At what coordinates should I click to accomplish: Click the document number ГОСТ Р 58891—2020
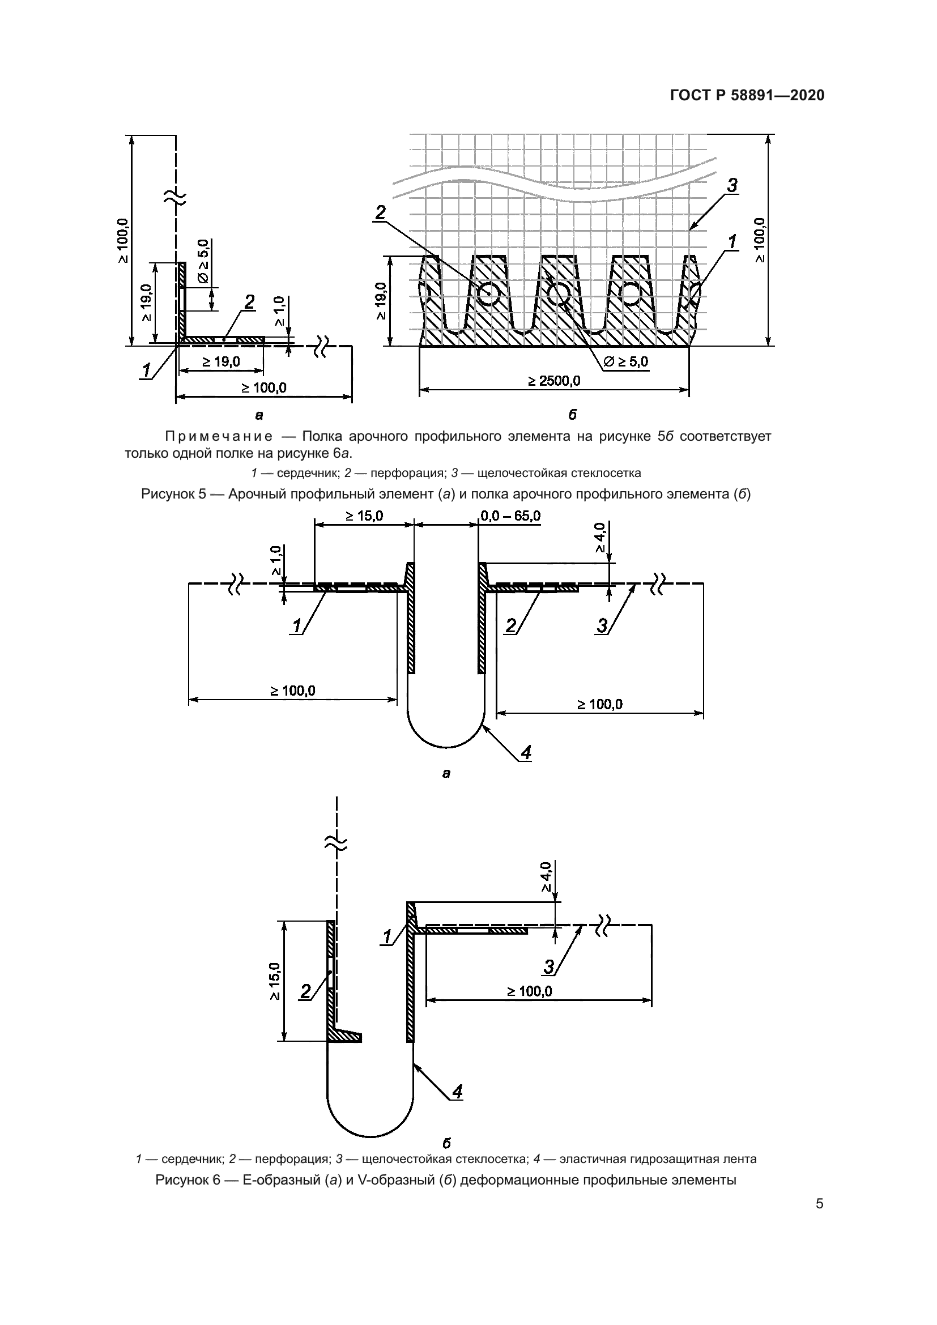[x=747, y=95]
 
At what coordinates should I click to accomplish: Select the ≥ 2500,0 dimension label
[x=554, y=381]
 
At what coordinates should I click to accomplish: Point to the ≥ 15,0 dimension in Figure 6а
[x=365, y=515]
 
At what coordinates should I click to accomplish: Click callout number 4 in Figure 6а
[x=526, y=752]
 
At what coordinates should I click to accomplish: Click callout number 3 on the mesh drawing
[x=731, y=186]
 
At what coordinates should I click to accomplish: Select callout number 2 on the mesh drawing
[x=380, y=213]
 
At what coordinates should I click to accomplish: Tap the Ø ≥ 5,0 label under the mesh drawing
[x=625, y=362]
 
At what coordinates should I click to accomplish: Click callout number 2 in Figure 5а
[x=249, y=302]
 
